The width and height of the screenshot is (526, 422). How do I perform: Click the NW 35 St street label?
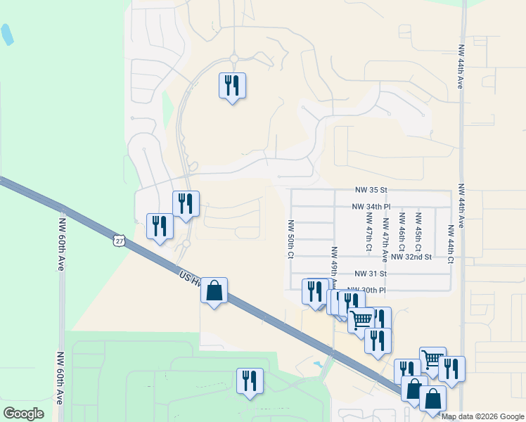click(x=371, y=190)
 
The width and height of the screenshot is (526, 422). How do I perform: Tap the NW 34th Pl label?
click(x=371, y=207)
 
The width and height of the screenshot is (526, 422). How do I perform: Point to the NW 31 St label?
click(x=371, y=274)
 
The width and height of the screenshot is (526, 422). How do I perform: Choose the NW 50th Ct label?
click(x=290, y=239)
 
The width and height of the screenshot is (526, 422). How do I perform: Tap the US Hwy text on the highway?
click(x=189, y=280)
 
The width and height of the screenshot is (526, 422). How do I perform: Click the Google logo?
click(x=23, y=414)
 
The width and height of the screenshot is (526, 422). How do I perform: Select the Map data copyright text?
click(x=482, y=416)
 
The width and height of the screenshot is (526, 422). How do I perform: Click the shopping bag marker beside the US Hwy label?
click(x=214, y=290)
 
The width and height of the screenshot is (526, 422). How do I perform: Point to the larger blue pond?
click(x=6, y=34)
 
